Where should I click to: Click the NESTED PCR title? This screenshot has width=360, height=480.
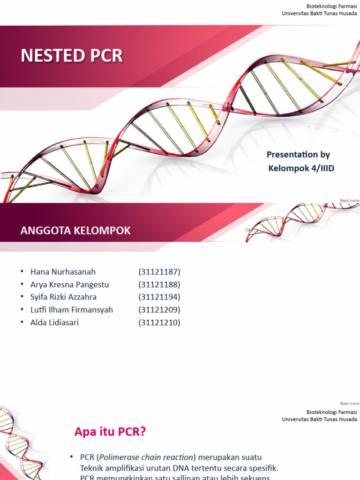click(x=72, y=56)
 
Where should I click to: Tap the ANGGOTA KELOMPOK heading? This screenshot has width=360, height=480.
click(x=75, y=231)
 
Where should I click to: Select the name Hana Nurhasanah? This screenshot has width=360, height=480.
click(x=63, y=272)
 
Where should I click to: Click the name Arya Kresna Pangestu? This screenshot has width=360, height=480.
click(x=69, y=285)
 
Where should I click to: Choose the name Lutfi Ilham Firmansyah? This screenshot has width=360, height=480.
click(x=72, y=310)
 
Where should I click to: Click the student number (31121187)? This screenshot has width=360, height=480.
click(x=159, y=272)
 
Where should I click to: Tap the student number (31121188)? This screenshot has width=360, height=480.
click(x=159, y=285)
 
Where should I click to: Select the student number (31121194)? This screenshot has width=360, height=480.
click(x=159, y=297)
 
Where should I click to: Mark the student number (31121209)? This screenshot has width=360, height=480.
click(x=159, y=310)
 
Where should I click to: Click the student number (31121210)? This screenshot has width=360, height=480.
click(x=159, y=322)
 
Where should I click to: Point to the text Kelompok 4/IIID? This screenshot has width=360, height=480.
click(x=301, y=168)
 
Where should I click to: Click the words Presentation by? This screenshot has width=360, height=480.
click(x=298, y=155)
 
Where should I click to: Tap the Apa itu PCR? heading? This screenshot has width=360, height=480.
click(x=110, y=432)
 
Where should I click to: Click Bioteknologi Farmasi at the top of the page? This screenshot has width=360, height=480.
click(x=331, y=6)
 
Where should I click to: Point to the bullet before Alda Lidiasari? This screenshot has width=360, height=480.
click(x=22, y=322)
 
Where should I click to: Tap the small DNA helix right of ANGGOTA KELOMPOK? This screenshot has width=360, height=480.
click(x=300, y=221)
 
